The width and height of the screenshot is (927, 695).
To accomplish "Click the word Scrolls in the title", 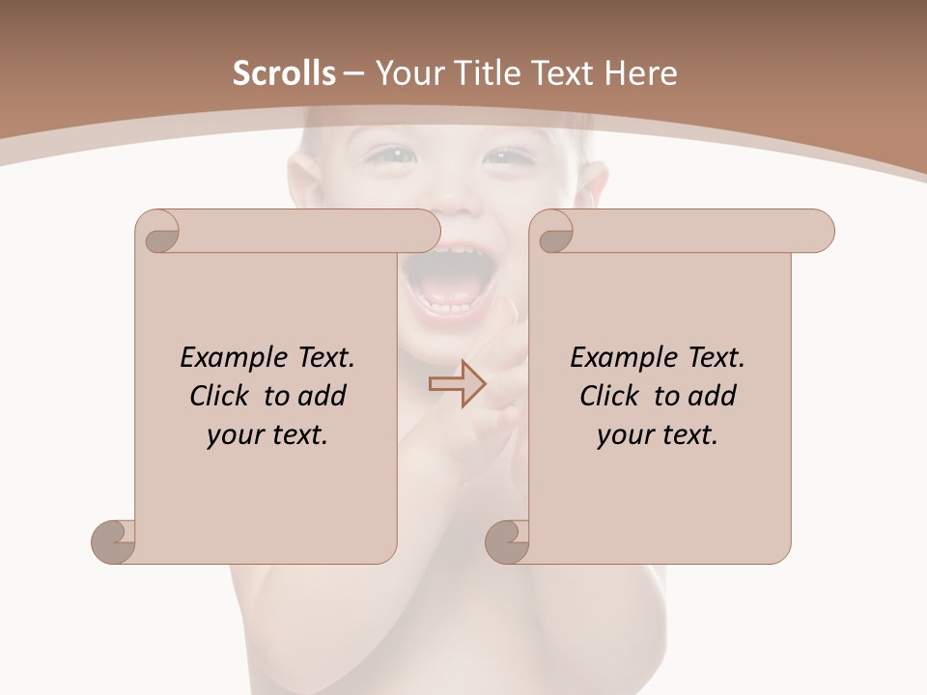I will point(284,73).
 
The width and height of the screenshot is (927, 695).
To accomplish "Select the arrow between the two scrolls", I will point(458,384).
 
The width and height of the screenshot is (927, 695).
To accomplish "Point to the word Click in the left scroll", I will point(222,396).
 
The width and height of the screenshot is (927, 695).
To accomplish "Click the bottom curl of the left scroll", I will point(113,541).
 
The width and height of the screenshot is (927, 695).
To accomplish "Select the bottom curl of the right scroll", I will point(507,541).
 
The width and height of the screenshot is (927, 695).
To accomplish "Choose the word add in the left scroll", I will point(322,396).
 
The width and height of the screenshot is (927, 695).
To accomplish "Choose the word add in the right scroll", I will point(712,396).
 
